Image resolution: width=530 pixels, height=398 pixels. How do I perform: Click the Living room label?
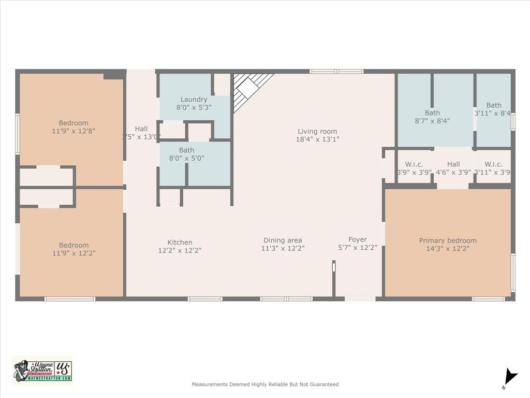click(317, 131)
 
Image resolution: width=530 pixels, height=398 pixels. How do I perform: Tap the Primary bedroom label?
click(448, 240)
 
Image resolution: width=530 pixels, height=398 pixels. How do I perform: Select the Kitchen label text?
click(180, 242)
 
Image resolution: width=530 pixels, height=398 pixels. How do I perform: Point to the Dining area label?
click(283, 240)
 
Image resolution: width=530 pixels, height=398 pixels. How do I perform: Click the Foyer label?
click(358, 239)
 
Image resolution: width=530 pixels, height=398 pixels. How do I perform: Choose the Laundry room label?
click(194, 99)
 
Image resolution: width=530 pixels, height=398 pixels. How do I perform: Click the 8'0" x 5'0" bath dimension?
click(186, 158)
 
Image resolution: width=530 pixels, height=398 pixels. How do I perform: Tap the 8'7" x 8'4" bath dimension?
click(432, 120)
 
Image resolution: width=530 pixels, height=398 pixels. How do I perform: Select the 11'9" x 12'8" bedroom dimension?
click(73, 131)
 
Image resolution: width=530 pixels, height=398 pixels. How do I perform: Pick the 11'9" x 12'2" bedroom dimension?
click(73, 253)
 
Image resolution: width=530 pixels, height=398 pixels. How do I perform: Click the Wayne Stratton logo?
click(42, 371)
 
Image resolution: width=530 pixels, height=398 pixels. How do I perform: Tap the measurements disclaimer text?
click(265, 385)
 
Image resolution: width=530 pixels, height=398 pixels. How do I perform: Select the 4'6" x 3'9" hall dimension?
click(453, 172)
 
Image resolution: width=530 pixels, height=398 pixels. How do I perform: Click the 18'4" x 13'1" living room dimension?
click(317, 139)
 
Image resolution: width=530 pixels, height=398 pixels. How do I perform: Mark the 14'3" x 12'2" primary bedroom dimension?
click(448, 248)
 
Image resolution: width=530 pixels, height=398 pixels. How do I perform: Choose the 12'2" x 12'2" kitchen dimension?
click(180, 250)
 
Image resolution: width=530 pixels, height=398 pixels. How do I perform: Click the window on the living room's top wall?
click(336, 72)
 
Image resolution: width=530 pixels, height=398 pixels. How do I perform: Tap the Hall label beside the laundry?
click(141, 129)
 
